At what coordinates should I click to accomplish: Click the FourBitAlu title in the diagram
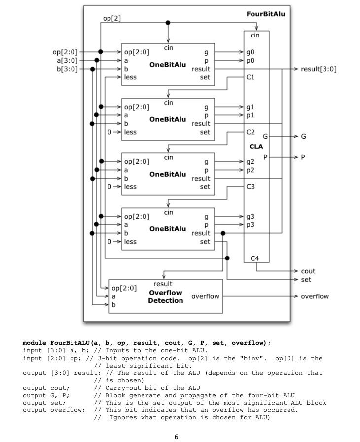[265, 14]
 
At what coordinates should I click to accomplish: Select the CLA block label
[256, 147]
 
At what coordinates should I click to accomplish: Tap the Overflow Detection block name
[165, 296]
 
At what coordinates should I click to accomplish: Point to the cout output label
[308, 271]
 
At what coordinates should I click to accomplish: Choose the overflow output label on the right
[315, 296]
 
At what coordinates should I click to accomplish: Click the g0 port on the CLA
[251, 51]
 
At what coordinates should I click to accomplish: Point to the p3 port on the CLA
[251, 224]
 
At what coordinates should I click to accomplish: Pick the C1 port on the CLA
[250, 77]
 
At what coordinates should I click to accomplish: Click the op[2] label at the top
[111, 18]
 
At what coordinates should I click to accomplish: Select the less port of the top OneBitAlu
[131, 77]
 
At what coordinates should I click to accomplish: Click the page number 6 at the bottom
[176, 436]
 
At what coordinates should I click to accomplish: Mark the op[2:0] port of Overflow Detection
[124, 288]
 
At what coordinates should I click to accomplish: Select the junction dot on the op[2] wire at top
[168, 23]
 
